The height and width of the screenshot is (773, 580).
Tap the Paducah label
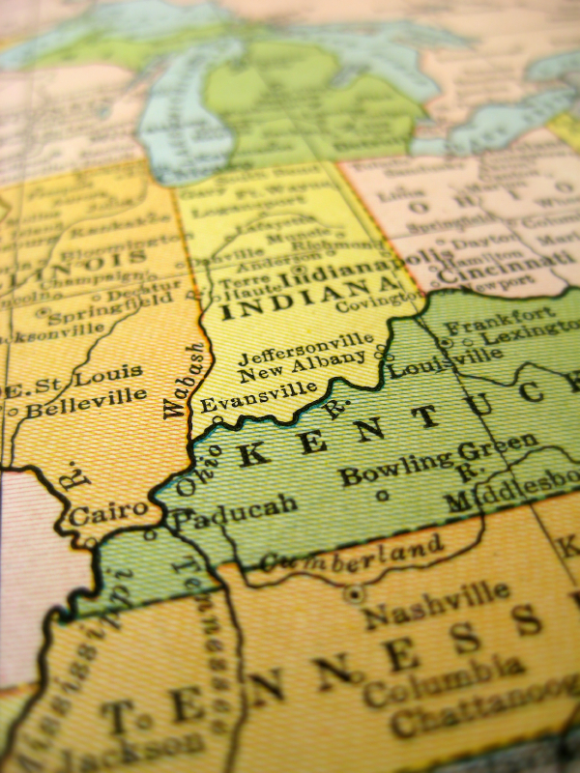(x=221, y=513)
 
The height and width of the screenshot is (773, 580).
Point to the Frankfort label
(x=501, y=318)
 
